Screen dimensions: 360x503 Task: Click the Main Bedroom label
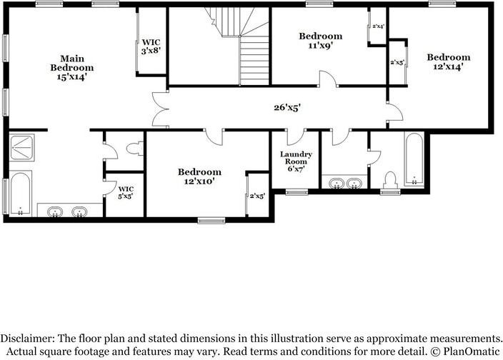tap(71, 63)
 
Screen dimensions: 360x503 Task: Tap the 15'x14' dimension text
tap(71, 76)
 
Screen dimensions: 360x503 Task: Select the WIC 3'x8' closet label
tap(151, 46)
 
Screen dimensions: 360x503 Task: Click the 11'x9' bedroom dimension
tap(320, 45)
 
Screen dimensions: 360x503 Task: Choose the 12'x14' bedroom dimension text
tap(449, 66)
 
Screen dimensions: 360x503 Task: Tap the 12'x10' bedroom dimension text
tap(199, 181)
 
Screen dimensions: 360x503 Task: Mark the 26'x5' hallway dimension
tap(286, 108)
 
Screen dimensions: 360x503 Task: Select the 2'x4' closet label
tap(378, 26)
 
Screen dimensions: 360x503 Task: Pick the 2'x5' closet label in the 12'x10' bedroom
tap(257, 196)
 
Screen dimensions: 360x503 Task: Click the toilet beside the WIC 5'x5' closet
tap(131, 149)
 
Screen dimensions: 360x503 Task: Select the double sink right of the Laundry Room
tap(344, 184)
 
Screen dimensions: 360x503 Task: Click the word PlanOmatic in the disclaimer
tap(468, 351)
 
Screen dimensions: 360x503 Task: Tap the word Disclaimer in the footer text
tap(31, 338)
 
